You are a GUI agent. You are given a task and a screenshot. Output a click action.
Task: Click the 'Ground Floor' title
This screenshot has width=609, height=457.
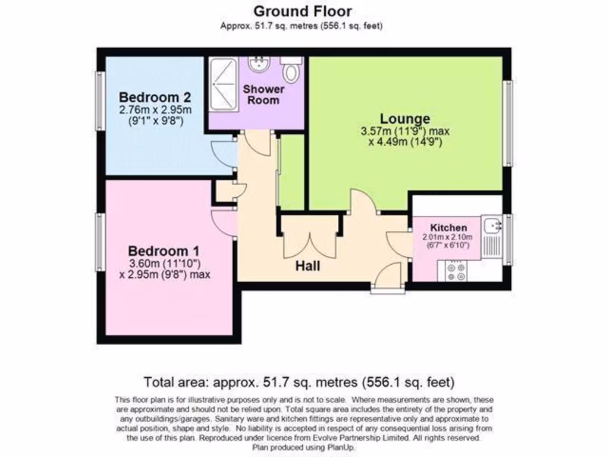coord(302,11)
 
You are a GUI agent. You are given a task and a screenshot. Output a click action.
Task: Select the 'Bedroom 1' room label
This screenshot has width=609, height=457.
coord(164,251)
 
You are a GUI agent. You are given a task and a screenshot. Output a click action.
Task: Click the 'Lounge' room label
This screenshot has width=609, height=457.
coord(405,118)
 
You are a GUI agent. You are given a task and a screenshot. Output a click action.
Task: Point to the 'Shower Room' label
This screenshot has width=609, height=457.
coord(263,95)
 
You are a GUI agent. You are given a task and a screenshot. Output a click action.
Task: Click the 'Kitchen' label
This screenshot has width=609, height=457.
coord(448,228)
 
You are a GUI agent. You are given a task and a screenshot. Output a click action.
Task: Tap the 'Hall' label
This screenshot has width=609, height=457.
coord(308,266)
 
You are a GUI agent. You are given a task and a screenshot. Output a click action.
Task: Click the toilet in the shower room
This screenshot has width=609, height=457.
coord(291,70)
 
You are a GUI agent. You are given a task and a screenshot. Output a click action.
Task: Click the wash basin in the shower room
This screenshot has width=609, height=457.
coord(260,62)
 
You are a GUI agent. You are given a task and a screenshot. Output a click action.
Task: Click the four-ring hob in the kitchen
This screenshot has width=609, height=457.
coord(456,271)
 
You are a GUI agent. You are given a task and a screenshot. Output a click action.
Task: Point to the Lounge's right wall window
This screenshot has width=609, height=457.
coord(507,123)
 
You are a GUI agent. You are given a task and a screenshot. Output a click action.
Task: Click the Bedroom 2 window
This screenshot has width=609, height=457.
coord(101,101)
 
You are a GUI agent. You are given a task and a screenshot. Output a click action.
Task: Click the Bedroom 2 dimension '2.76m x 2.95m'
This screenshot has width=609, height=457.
coord(155,110)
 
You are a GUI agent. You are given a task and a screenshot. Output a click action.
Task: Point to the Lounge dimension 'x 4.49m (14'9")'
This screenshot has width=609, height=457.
coord(405,142)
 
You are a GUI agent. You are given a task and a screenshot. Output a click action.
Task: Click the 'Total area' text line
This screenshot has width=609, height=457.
coord(299,381)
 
